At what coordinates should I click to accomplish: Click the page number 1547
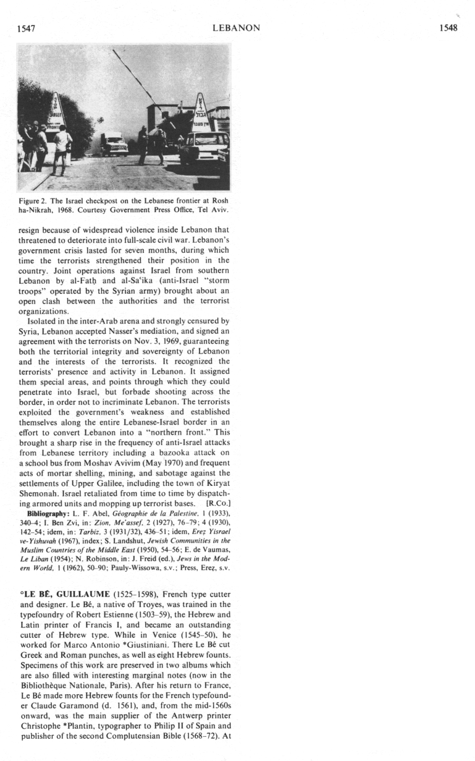click(30, 28)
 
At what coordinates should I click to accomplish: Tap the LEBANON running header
click(236, 28)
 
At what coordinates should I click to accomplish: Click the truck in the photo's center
click(115, 144)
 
